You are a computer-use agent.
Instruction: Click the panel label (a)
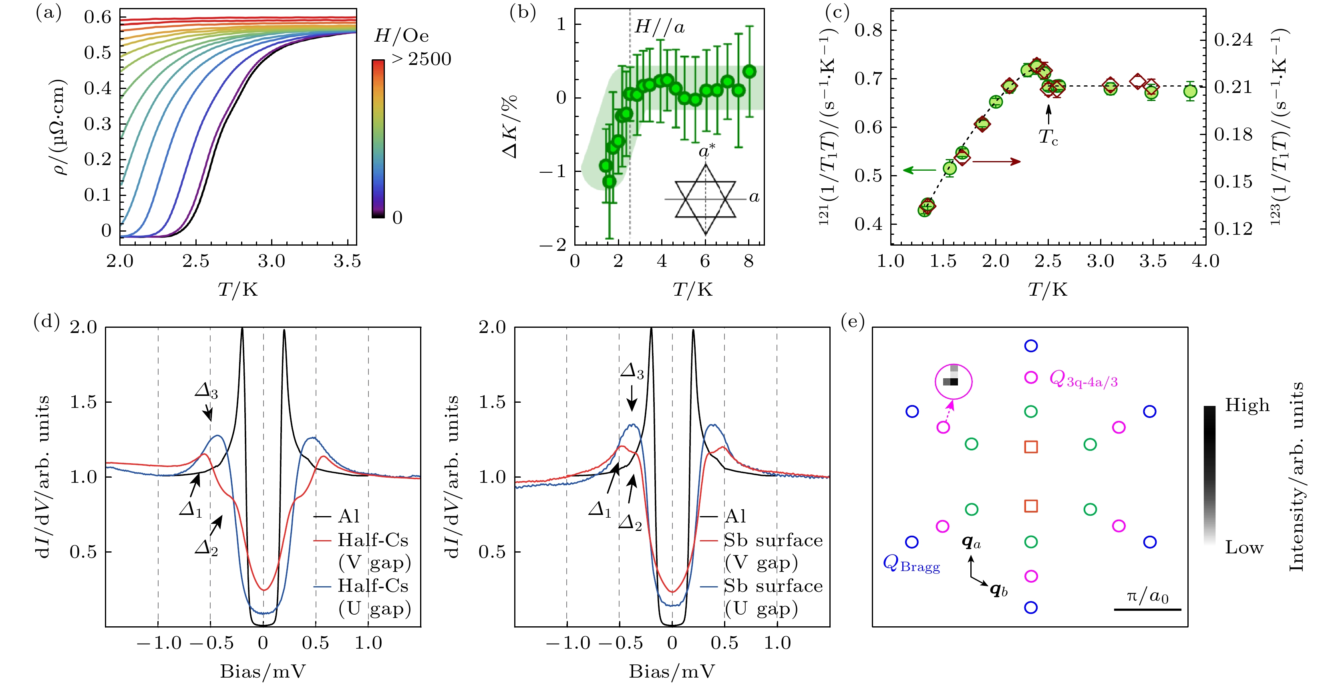point(48,13)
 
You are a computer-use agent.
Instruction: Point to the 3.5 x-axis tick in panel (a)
point(347,261)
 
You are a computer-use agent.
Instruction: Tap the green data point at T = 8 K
point(749,72)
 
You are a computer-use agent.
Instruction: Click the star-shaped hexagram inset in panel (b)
point(705,199)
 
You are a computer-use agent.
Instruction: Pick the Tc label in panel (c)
point(1048,137)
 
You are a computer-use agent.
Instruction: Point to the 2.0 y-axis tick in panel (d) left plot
point(84,327)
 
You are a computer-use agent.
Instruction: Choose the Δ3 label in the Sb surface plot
point(632,371)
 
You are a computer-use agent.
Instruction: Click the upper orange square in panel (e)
point(1030,446)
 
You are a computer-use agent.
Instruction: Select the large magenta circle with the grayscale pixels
point(954,382)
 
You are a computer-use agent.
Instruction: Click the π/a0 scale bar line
point(1147,609)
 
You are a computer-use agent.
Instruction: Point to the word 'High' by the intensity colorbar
point(1247,406)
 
